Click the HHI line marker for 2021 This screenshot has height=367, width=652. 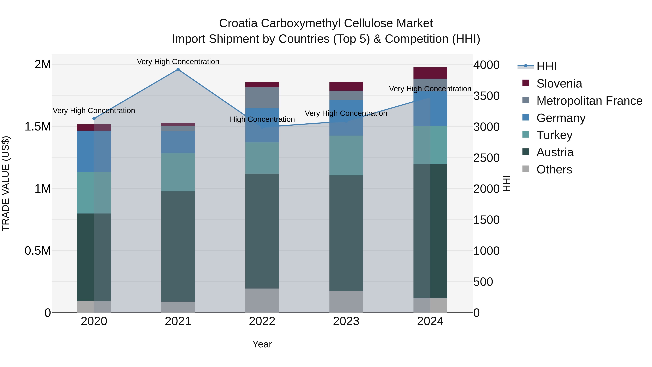click(x=178, y=69)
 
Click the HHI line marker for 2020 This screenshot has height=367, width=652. click(x=94, y=119)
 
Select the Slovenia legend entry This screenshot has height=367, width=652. click(x=559, y=84)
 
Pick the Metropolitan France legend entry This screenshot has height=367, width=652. click(x=589, y=101)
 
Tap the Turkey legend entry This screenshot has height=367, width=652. click(x=554, y=135)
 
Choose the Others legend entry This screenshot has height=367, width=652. click(x=554, y=169)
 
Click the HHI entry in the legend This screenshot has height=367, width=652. click(x=546, y=66)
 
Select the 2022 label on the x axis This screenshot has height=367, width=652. click(x=262, y=321)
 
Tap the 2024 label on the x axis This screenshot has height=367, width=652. click(x=430, y=321)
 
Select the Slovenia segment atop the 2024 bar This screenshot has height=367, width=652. click(x=430, y=73)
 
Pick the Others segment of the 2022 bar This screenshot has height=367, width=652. click(x=262, y=300)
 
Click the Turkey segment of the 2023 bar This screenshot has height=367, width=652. click(x=346, y=155)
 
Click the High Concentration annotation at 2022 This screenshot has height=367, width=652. click(x=262, y=119)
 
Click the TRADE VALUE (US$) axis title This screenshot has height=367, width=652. click(x=6, y=183)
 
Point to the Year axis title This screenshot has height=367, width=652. click(x=262, y=344)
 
